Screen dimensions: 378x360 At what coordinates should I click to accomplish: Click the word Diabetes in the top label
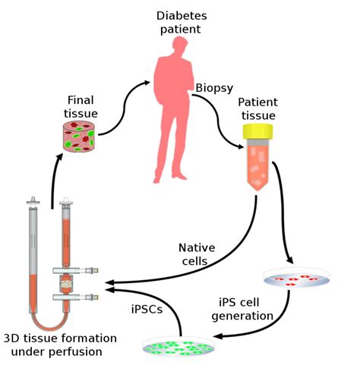(178, 15)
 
